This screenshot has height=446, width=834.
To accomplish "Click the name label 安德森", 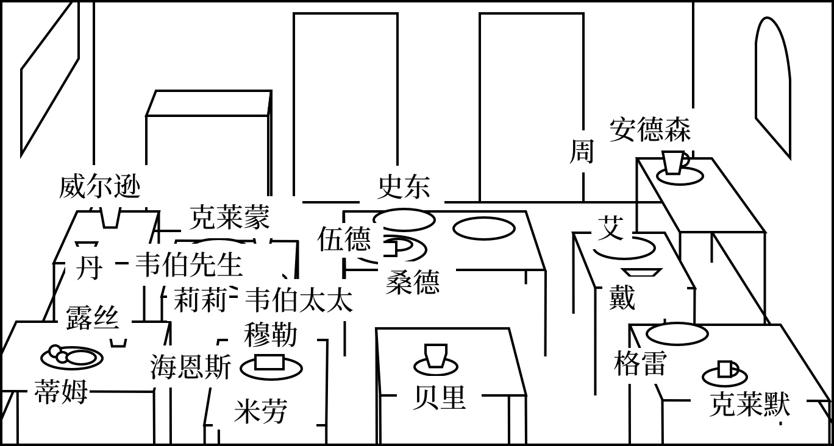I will pyautogui.click(x=650, y=130).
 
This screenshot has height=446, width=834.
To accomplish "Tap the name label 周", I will pyautogui.click(x=582, y=151).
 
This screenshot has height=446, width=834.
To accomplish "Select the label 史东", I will pyautogui.click(x=404, y=186).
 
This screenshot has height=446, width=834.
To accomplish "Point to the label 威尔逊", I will pyautogui.click(x=99, y=186).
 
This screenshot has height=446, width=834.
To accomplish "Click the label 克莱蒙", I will pyautogui.click(x=229, y=217).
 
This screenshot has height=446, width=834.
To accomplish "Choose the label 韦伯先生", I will pyautogui.click(x=188, y=264).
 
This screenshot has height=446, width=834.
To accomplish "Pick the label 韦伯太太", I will pyautogui.click(x=299, y=300).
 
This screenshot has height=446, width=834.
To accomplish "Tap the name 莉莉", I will pyautogui.click(x=200, y=300).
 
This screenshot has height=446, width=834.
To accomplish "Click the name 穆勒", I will pyautogui.click(x=271, y=334).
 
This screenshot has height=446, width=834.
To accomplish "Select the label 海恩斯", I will pyautogui.click(x=191, y=367).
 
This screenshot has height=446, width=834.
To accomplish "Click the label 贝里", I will pyautogui.click(x=439, y=397).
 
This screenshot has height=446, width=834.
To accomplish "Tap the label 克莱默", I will pyautogui.click(x=749, y=405).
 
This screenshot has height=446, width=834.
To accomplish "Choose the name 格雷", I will pyautogui.click(x=640, y=363).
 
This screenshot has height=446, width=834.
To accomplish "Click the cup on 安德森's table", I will pyautogui.click(x=674, y=163).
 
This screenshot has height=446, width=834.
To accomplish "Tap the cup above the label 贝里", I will pyautogui.click(x=436, y=356).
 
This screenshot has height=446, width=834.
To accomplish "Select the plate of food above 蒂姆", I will pyautogui.click(x=71, y=357).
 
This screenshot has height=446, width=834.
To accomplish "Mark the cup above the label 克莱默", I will pyautogui.click(x=725, y=369).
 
